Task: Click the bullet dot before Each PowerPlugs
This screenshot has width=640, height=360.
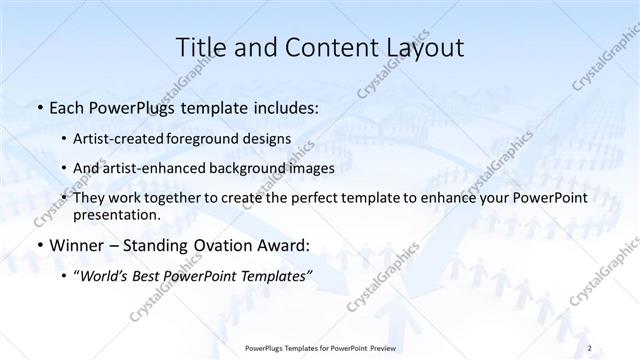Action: coord(38,106)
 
